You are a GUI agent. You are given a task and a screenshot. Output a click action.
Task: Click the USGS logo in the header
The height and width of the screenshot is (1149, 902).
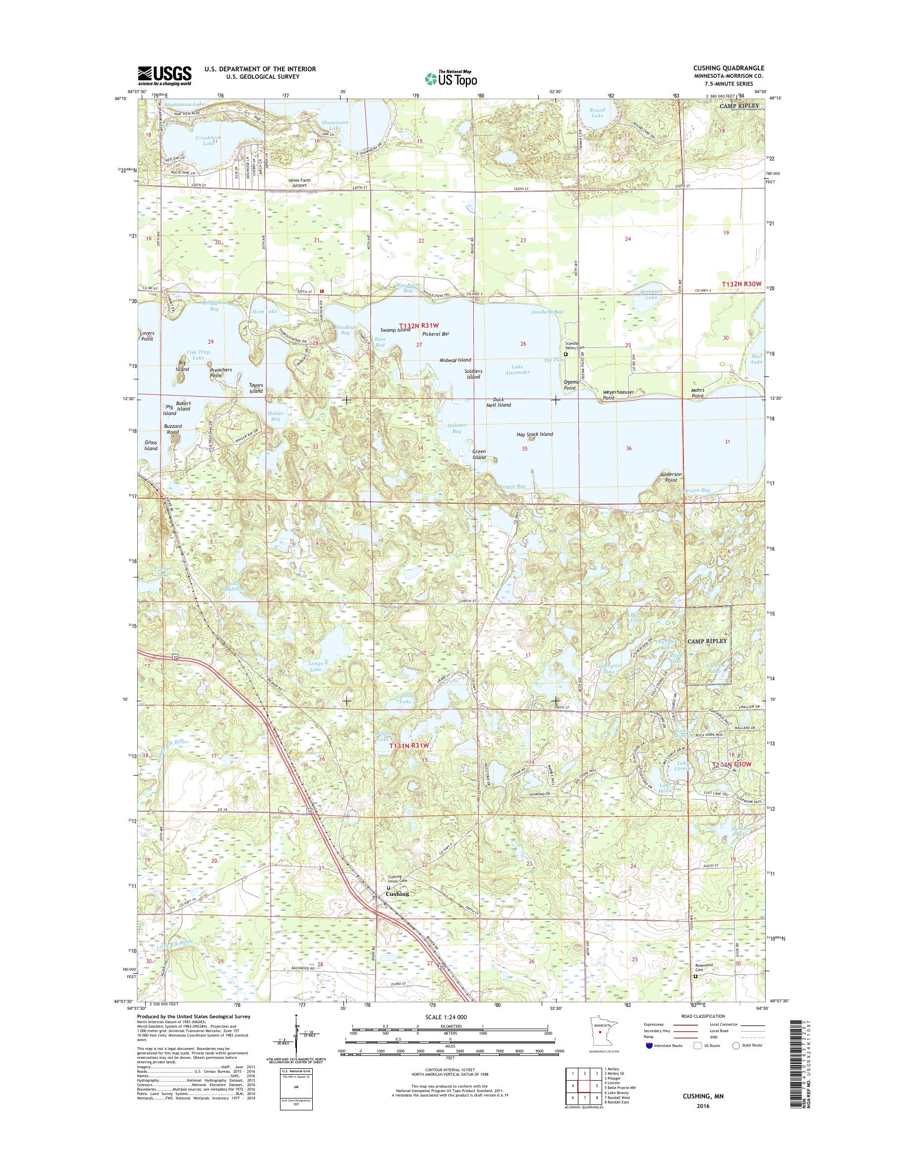point(164,75)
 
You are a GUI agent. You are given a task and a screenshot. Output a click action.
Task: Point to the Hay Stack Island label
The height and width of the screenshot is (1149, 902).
point(534,434)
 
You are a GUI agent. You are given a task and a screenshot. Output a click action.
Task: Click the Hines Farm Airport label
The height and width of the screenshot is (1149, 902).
point(300,183)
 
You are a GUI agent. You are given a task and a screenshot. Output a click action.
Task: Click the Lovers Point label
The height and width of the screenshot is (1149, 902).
point(147,336)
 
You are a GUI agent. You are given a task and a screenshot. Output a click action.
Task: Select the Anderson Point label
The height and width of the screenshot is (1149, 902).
point(671,477)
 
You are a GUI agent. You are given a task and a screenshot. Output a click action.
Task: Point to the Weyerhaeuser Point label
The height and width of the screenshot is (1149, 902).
point(616,395)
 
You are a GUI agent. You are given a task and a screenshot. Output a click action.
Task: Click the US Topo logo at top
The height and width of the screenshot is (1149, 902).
point(451,79)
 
